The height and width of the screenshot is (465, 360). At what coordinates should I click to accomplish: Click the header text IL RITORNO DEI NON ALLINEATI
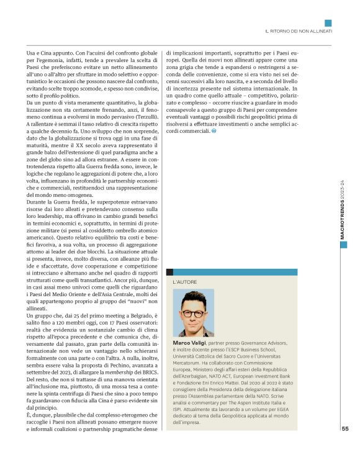[x=299, y=30]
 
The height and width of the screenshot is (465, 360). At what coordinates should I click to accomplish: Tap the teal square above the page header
[x=328, y=23]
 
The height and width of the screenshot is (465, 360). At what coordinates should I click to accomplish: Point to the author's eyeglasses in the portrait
[x=194, y=307]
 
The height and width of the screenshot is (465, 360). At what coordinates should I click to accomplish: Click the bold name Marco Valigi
[x=190, y=342]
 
